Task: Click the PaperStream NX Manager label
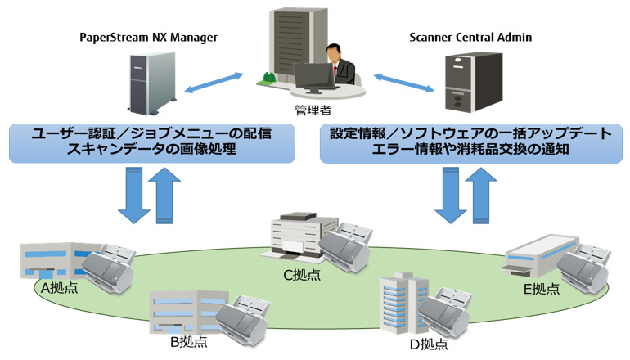pos(148,38)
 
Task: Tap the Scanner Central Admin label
pos(470,38)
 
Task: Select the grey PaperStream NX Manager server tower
pos(152,83)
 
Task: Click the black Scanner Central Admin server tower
pos(474,82)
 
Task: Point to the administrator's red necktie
pos(335,71)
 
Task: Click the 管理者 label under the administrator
pos(313,110)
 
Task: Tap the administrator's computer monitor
pos(314,78)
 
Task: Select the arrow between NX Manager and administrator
pos(214,83)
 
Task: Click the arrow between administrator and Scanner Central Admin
pos(404,83)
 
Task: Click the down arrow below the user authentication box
pos(134,195)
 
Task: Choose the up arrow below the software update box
pos(481,196)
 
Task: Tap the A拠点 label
pos(60,288)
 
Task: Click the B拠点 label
pos(189,342)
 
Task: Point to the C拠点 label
pos(302,275)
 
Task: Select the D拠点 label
pos(429,344)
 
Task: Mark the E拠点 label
pos(541,289)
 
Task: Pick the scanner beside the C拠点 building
pos(344,247)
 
